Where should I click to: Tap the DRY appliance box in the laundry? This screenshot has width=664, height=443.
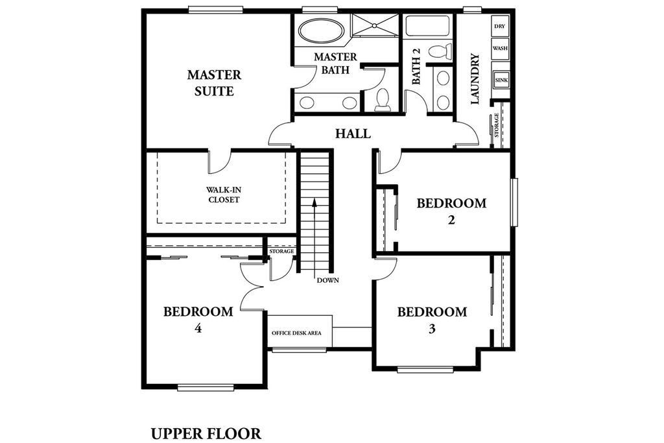499,26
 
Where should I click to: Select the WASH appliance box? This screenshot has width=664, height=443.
500,48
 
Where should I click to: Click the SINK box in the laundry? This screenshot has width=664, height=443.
501,80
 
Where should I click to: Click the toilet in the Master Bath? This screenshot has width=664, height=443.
383,100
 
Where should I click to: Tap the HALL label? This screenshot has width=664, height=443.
353,134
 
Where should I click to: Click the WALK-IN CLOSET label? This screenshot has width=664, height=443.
224,195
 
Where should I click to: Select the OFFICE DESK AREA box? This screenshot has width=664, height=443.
300,331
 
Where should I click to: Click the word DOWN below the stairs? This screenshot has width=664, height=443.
327,280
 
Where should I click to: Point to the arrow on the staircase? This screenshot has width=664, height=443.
314,237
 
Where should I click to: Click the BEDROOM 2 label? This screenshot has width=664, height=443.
451,211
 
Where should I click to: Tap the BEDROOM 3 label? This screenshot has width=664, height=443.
432,320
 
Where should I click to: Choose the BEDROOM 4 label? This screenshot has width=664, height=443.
198,320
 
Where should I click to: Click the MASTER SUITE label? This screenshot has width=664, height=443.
214,83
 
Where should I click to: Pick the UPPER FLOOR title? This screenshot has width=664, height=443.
206,434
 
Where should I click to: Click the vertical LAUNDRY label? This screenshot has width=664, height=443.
475,78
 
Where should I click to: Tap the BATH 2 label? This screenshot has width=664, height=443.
416,66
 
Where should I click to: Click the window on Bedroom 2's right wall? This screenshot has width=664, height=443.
514,202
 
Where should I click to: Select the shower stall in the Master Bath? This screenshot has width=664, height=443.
375,25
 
